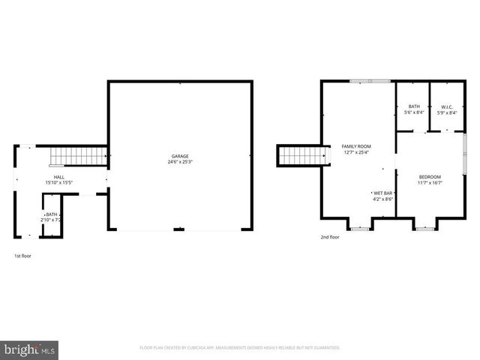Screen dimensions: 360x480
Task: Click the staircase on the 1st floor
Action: (x=78, y=156)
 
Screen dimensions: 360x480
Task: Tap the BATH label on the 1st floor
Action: (x=52, y=214)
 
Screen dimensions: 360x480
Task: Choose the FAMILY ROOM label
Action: (x=357, y=146)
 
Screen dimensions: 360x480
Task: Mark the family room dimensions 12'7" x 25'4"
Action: (x=357, y=152)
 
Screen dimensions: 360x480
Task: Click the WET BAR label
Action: (x=382, y=193)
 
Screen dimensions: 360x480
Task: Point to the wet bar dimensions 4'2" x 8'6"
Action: (x=382, y=199)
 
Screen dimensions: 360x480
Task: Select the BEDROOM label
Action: (x=430, y=176)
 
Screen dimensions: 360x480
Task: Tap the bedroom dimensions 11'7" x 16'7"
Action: (x=430, y=182)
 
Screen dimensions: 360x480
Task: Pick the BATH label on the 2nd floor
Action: (x=414, y=106)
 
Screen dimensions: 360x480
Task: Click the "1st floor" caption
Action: (x=23, y=256)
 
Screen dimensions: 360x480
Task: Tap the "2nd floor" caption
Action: (x=329, y=237)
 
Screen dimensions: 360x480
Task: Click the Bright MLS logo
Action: (x=30, y=349)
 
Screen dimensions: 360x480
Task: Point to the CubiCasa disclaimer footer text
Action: (x=240, y=348)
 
